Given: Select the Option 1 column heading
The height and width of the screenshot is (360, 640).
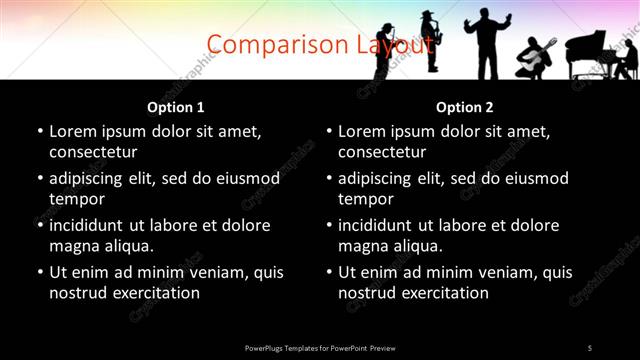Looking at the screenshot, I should click(x=176, y=107).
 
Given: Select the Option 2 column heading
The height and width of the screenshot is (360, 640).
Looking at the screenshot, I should click(x=465, y=107).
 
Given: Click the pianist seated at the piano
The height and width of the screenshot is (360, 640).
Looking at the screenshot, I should click(x=626, y=58).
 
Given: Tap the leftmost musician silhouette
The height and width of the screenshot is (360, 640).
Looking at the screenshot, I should click(x=385, y=50).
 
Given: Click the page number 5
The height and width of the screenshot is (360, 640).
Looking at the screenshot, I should click(x=589, y=347).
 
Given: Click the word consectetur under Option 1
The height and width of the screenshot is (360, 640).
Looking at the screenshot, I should click(x=93, y=152).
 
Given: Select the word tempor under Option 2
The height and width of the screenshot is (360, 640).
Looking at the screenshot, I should click(x=366, y=199).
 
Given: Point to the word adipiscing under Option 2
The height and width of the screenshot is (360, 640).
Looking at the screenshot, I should click(x=376, y=178).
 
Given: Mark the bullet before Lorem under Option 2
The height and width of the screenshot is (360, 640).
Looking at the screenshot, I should click(x=329, y=131).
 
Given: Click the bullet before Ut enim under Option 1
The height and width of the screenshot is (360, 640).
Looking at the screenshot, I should click(x=40, y=272).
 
